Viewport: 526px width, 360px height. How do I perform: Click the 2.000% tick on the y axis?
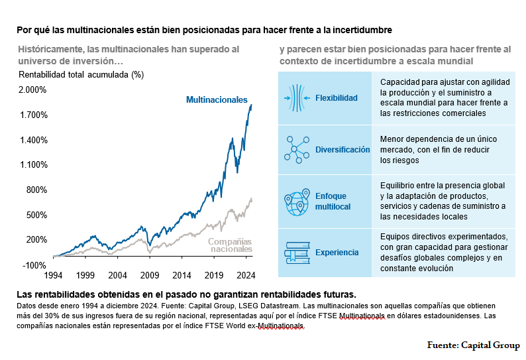[32, 90]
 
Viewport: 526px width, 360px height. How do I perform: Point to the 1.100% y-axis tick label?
[32, 165]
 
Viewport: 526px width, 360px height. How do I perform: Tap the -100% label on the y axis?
[34, 265]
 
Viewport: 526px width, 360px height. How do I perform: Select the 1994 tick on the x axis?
[53, 275]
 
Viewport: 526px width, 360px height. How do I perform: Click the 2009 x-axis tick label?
[150, 275]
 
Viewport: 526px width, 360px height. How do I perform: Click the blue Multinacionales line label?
[217, 99]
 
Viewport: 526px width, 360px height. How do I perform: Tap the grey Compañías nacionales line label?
[230, 245]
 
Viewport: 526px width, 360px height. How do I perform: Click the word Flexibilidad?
[337, 98]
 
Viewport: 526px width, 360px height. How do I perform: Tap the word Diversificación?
[342, 150]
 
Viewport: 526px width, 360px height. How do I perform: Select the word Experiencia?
[337, 253]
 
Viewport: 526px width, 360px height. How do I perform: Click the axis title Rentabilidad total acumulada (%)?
[81, 74]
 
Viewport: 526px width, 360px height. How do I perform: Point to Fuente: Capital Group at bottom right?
[473, 345]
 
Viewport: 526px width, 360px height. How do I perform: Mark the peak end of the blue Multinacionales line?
[251, 105]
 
